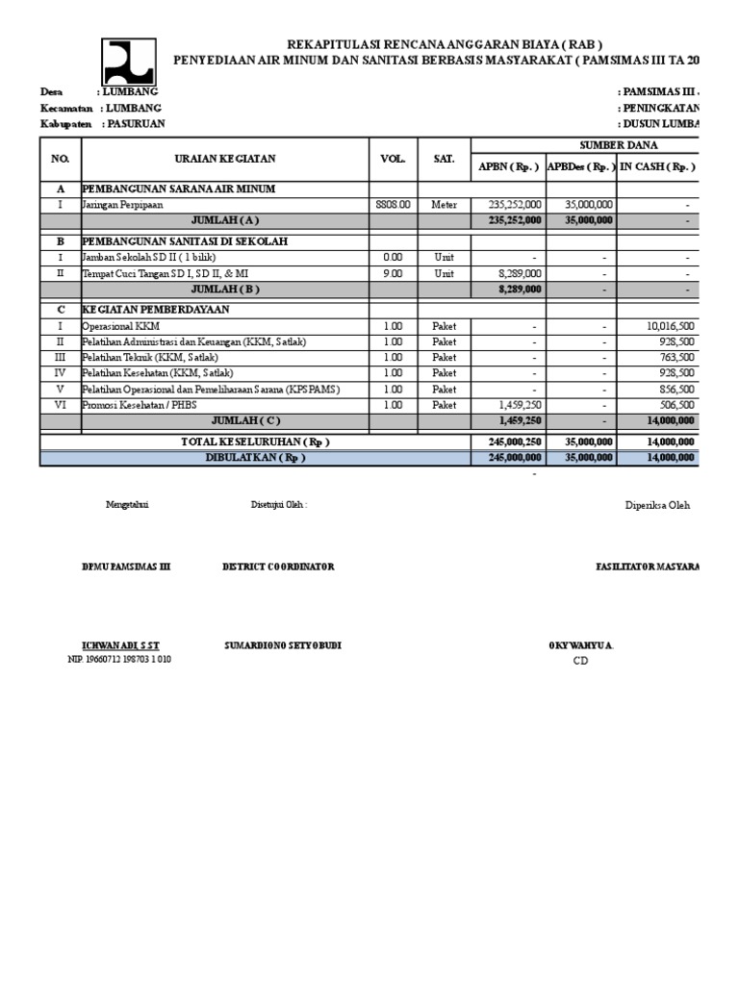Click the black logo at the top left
(x=129, y=62)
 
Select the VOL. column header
(x=393, y=159)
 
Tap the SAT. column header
(x=444, y=159)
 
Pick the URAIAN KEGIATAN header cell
(x=225, y=159)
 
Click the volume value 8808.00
(x=393, y=205)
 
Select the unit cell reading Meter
(x=444, y=205)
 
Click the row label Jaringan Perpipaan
(x=122, y=205)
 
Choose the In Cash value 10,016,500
(x=670, y=326)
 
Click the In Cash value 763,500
(x=676, y=357)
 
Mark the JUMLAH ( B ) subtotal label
(x=225, y=289)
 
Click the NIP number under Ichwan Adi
(x=119, y=659)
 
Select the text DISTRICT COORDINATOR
(x=278, y=567)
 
